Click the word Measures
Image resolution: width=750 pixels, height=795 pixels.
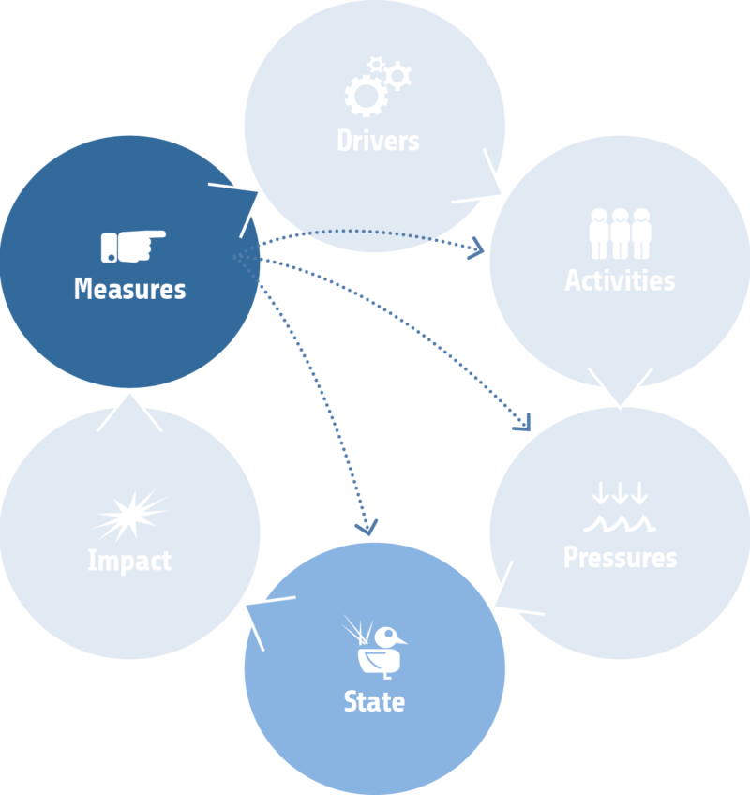pos(129,289)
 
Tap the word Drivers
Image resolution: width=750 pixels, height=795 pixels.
pos(378,142)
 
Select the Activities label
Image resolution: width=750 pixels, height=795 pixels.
pos(620,280)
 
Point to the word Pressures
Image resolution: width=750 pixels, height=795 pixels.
pos(620,558)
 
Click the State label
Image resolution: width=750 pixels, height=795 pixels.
pos(374,702)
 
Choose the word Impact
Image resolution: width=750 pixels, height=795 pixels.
pos(129,562)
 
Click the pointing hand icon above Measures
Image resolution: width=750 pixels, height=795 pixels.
pos(132,246)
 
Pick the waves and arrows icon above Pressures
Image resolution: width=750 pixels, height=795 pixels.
pos(620,507)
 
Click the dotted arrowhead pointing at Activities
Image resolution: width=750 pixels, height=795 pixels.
pos(478,248)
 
